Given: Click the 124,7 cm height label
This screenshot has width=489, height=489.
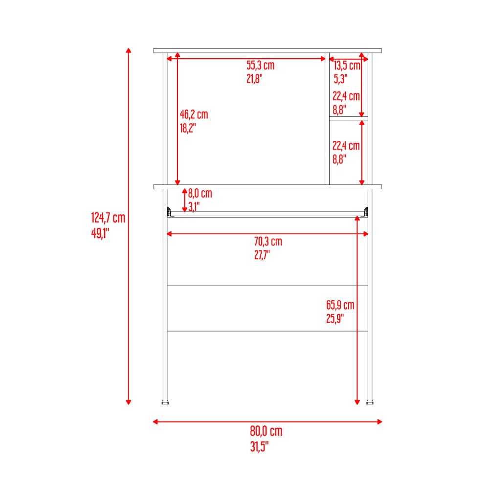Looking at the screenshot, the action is click(x=108, y=218).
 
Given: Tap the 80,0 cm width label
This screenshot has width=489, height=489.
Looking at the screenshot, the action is click(x=266, y=431).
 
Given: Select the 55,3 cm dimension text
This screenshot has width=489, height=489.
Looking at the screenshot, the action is click(x=261, y=66).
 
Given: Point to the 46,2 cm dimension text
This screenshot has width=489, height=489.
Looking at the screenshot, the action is click(x=194, y=114).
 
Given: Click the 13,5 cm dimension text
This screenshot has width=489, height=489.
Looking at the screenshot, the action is click(x=347, y=66).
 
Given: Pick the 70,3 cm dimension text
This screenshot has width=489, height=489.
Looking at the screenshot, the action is click(x=268, y=242).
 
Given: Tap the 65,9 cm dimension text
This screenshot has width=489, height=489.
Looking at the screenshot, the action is click(x=340, y=305).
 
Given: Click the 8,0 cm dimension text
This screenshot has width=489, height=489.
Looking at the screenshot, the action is click(x=200, y=193).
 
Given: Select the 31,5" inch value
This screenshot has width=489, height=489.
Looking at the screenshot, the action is click(x=259, y=446).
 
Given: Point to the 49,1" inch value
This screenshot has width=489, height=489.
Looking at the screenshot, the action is click(x=100, y=233).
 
